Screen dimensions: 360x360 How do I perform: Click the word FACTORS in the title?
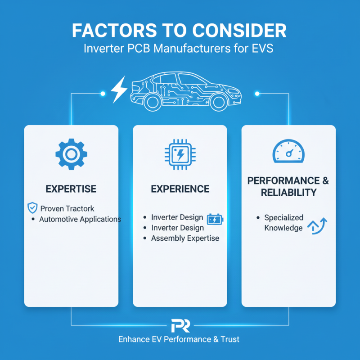coord(115,30)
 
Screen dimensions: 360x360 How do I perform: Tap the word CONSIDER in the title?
coord(239,30)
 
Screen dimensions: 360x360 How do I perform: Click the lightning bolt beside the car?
coord(119,89)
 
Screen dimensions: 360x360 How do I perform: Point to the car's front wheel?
coord(218,102)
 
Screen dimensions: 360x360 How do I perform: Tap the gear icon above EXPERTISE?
coord(72,154)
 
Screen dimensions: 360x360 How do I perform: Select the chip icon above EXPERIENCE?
coord(180,154)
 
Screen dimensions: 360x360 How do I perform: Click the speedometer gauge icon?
coord(288,151)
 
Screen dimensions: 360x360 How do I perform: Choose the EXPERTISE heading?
coord(71,189)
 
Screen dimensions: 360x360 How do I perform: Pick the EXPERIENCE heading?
coord(180,189)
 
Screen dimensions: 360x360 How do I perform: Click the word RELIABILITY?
coord(288,193)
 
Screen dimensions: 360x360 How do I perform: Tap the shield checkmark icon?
coord(32,208)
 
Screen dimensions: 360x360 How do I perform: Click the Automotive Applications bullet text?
coord(80,219)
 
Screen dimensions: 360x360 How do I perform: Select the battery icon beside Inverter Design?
coord(215,219)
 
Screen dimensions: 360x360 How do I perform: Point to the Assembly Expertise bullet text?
coord(185,238)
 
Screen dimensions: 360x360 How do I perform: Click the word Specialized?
coord(284,217)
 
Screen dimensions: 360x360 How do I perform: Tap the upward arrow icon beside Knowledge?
coord(317,226)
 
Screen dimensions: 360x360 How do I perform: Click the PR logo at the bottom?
coord(180,325)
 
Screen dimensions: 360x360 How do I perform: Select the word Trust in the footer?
coord(230,339)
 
